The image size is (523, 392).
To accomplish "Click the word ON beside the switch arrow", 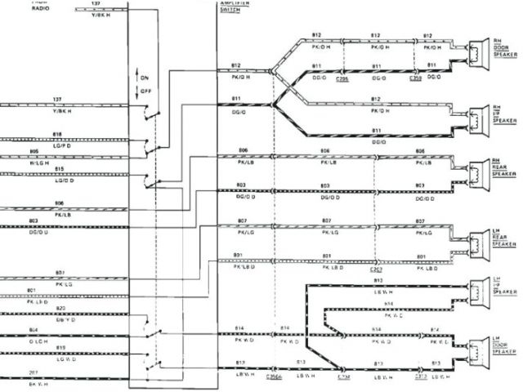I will tap(146, 78).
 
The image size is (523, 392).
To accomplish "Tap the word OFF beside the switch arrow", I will tap(146, 91).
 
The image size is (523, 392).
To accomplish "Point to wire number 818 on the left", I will tap(57, 134).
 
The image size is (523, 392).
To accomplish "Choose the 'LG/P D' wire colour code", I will tap(59, 145).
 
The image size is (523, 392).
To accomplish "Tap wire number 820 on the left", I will tap(60, 308).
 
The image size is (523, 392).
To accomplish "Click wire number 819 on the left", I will tap(60, 348).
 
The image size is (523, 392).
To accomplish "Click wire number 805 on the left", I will tap(58, 152).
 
